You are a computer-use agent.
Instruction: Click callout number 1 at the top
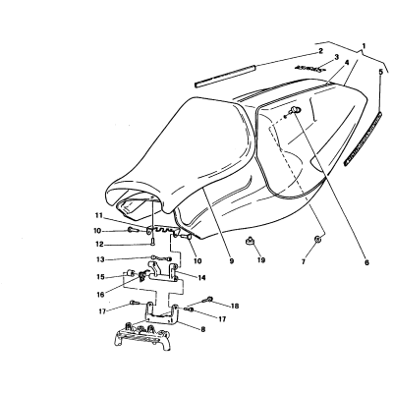[x=365, y=46]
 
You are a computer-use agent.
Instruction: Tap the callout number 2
[x=321, y=51]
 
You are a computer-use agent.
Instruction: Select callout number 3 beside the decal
[x=336, y=58]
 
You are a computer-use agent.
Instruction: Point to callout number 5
[x=380, y=73]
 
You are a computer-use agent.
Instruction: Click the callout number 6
[x=366, y=262]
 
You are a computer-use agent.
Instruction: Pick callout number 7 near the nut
[x=304, y=262]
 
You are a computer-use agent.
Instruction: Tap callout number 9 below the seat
[x=232, y=261]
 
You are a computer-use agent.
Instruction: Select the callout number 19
[x=261, y=260]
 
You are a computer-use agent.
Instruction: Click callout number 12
[x=99, y=245]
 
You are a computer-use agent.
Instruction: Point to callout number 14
[x=201, y=278]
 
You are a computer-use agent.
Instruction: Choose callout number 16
[x=100, y=295]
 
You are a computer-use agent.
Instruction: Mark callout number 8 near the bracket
[x=202, y=329]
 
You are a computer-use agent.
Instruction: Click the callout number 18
[x=235, y=307]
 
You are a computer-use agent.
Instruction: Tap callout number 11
[x=99, y=216]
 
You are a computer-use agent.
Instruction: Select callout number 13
[x=100, y=259]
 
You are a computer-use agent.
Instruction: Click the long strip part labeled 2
[x=225, y=77]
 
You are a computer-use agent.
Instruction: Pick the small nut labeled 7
[x=317, y=239]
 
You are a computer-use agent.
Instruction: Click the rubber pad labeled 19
[x=251, y=242]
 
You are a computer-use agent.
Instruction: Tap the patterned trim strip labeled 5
[x=364, y=139]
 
